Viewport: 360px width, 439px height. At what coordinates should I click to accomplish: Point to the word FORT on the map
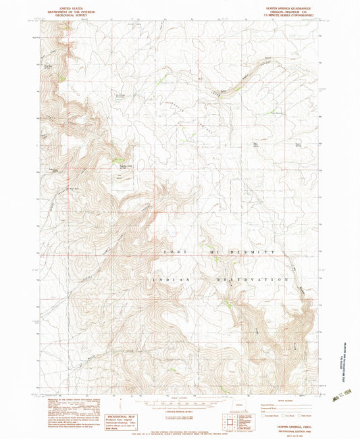(x=173, y=251)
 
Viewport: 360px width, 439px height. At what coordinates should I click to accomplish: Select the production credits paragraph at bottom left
(x=64, y=409)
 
